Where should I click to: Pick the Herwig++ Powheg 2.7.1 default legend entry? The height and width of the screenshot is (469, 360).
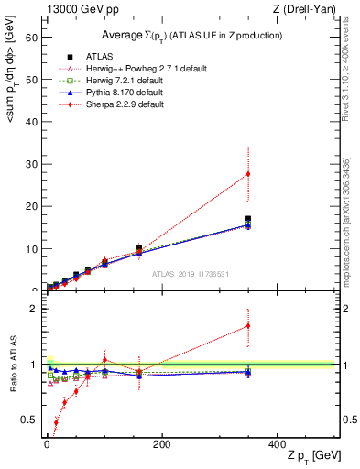tap(128, 69)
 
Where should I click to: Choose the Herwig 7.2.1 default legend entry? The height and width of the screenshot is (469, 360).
tap(115, 81)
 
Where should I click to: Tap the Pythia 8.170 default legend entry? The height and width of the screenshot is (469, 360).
tap(114, 93)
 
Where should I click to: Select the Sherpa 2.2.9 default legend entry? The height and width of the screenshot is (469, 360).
tap(114, 104)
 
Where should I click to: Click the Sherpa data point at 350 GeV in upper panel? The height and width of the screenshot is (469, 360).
tap(248, 174)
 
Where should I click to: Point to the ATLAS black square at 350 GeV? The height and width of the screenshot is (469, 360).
tap(248, 219)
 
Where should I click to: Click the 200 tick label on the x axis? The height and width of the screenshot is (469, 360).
tap(162, 444)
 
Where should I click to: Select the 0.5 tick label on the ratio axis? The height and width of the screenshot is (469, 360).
tap(27, 420)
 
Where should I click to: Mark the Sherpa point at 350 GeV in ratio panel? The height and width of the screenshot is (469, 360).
tap(248, 325)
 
